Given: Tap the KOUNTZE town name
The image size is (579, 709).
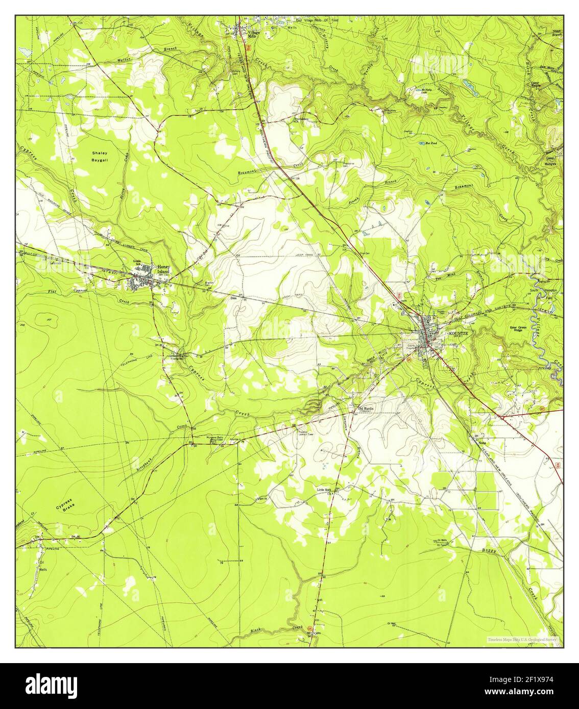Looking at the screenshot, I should pyautogui.click(x=458, y=333).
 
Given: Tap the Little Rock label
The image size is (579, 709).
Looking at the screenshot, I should pyautogui.click(x=325, y=490).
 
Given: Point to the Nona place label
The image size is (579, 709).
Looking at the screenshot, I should pyautogui.click(x=482, y=442).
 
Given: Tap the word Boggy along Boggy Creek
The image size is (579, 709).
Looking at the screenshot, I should pyautogui.click(x=489, y=550).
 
